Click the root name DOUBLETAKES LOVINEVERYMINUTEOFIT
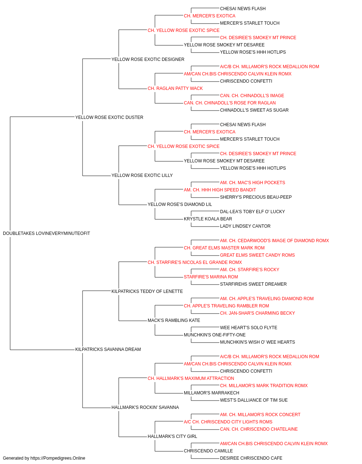point(46,233)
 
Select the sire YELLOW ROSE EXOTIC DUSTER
point(109,117)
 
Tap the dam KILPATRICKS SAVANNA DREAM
point(108,349)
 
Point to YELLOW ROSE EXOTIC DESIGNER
point(148,59)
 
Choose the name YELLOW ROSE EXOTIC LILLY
point(142,175)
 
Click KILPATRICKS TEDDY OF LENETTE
point(147,291)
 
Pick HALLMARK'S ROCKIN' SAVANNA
point(145,407)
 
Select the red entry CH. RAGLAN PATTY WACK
point(175,88)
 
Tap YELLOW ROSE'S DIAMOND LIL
point(180,204)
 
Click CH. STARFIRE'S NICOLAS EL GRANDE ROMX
point(195,262)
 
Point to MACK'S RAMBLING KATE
point(174,320)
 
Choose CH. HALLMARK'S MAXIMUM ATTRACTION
point(191,378)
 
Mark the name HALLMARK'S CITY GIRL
point(172,436)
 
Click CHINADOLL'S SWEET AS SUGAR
point(254,110)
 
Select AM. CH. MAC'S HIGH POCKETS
point(252,183)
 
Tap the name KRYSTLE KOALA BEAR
point(208,219)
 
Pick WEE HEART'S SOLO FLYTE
point(249,328)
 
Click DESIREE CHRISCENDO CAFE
point(251,458)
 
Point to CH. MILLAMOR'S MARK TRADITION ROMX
point(264,386)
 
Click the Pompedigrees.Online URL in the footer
point(58,458)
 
